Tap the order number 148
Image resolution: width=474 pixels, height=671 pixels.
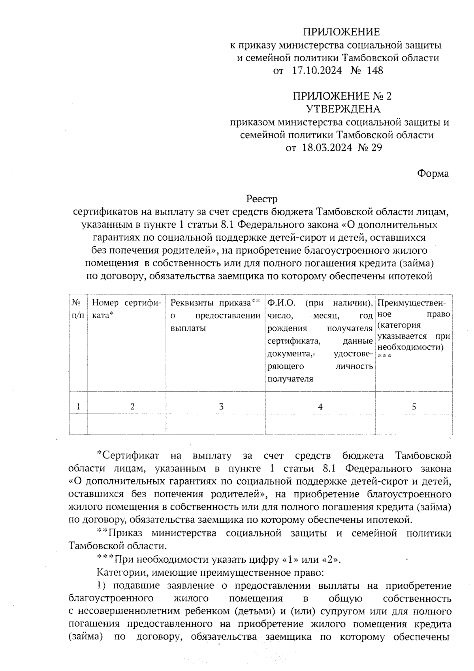tap(375, 71)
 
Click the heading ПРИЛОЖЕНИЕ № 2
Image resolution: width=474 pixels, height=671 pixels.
tap(342, 96)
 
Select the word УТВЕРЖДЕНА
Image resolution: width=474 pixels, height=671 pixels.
tap(343, 109)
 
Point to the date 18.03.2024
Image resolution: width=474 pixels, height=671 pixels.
tap(327, 148)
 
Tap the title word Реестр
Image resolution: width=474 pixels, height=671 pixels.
tap(262, 198)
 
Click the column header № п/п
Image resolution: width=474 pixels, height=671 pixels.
tap(78, 309)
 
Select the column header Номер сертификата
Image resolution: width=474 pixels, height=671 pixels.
tap(126, 309)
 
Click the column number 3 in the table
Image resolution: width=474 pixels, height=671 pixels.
tap(221, 406)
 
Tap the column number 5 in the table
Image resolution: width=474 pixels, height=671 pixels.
tap(414, 406)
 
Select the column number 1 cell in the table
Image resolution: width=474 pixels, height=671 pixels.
tap(79, 406)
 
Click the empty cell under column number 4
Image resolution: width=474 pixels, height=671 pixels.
tap(320, 424)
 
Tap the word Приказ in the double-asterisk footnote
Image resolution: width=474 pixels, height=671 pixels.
tap(126, 533)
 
